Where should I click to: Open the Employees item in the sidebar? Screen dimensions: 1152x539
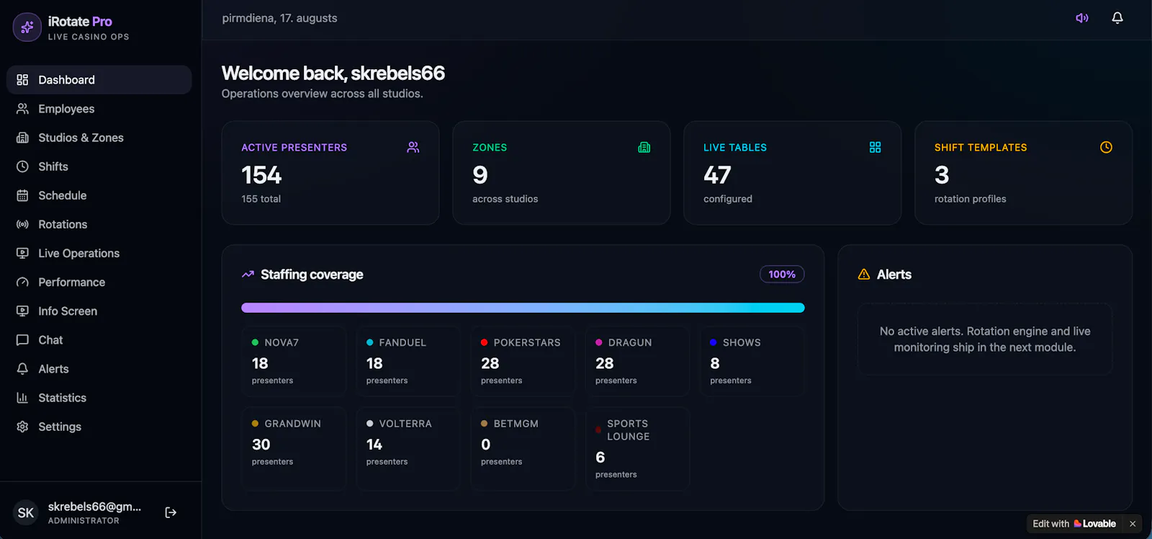66,109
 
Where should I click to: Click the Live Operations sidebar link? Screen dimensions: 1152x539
78,253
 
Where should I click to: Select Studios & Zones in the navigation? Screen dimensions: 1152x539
81,138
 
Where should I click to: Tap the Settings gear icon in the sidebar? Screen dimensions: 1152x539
22,427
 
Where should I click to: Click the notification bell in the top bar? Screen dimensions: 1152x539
1117,18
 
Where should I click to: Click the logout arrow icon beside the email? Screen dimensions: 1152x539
171,512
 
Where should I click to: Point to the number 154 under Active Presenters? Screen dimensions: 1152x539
261,175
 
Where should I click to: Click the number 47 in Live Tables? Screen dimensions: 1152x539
717,175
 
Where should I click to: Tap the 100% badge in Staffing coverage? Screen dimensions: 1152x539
782,275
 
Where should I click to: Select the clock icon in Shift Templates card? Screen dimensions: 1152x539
1106,147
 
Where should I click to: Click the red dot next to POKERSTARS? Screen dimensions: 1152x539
484,342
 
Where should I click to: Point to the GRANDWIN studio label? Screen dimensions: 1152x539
292,424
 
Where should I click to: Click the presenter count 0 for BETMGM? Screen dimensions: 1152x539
485,445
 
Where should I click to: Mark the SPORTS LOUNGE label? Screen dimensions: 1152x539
628,430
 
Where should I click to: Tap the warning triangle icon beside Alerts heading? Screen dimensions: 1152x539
863,275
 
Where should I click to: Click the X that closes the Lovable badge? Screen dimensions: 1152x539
1133,524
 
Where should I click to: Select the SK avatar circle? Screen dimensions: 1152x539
26,513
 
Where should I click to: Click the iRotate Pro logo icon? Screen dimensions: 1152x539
27,27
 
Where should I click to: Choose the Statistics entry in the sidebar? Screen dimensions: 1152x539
62,398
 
